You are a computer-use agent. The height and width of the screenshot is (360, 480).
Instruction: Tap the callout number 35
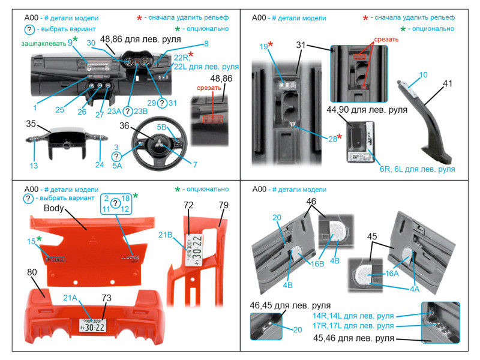pos(31,124)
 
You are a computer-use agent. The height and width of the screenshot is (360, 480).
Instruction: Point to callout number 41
pos(448,85)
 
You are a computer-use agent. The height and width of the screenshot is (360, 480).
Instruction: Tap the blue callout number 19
pos(263,46)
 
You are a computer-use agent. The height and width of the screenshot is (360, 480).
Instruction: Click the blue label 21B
pos(166,233)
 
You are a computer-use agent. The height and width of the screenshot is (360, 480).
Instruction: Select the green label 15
pos(31,241)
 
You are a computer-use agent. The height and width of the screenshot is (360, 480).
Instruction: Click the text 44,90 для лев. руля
pos(367,110)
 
